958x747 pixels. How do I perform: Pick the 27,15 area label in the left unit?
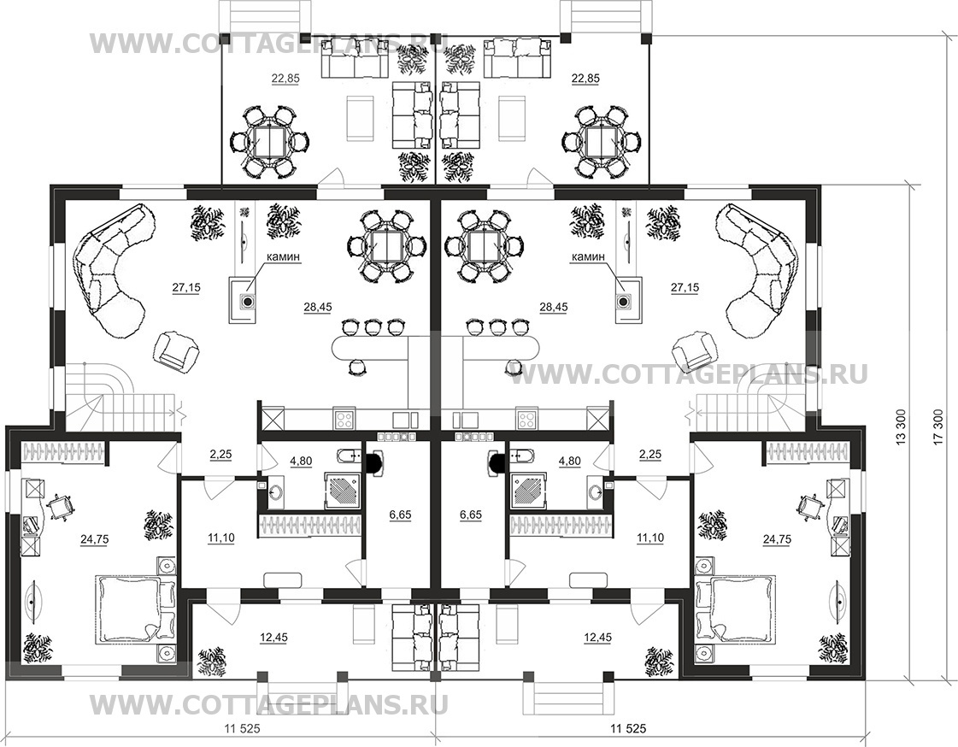(187, 287)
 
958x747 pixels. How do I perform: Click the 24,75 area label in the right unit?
(777, 538)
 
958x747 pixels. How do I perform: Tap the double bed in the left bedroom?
(135, 609)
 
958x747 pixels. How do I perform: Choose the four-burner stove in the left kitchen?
(345, 420)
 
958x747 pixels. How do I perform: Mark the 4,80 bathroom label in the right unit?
(569, 462)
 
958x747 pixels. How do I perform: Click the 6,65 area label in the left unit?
(400, 515)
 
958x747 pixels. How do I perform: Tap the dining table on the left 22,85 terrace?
(269, 142)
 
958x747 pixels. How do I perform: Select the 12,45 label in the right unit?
(598, 638)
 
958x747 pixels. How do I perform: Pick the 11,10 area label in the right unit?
(650, 538)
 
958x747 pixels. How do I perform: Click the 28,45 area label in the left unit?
(317, 307)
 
